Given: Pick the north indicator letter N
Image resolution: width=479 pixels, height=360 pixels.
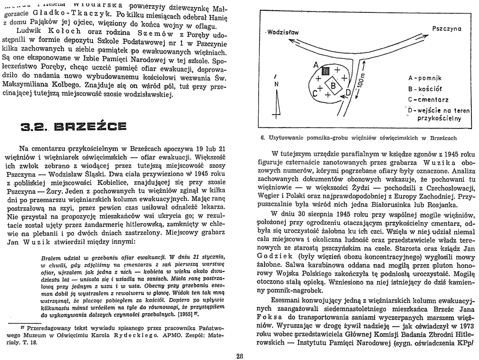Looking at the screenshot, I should point(276,85).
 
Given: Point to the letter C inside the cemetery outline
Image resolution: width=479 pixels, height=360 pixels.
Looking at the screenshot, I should point(315,93).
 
